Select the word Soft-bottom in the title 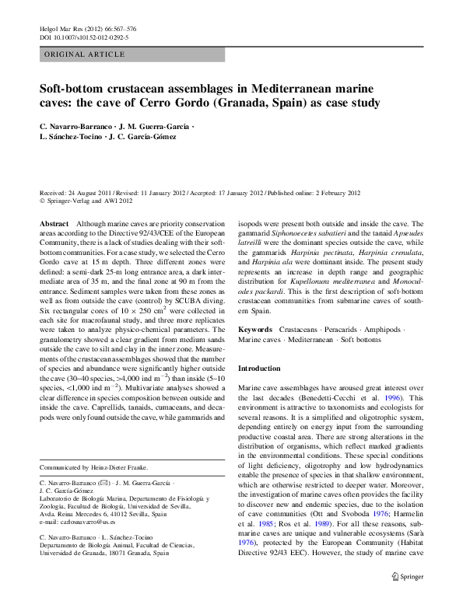point(71,89)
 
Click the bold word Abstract point(54,222)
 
